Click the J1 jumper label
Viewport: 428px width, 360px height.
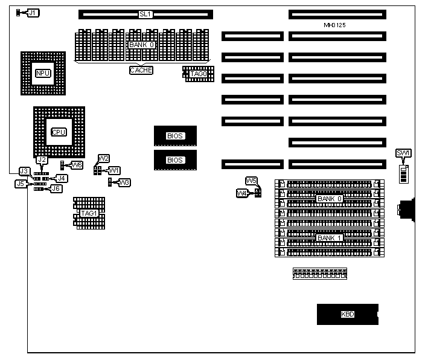33,13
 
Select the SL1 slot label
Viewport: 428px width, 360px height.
145,14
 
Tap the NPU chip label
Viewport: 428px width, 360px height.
43,74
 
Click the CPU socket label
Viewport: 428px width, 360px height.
59,132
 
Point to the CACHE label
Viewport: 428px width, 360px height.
141,70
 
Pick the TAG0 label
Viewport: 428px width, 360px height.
199,74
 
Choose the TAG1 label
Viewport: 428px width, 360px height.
89,213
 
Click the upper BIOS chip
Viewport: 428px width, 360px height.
175,136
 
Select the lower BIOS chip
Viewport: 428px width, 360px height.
175,160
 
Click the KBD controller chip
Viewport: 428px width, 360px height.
348,314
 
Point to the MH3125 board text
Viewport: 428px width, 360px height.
335,25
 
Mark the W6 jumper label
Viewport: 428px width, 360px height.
77,165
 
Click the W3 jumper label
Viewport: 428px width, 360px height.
124,182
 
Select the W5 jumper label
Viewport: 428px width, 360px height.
252,181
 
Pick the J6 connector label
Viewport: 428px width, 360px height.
56,188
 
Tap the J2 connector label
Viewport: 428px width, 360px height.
42,159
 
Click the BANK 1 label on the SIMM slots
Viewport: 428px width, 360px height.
330,237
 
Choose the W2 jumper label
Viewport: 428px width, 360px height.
104,158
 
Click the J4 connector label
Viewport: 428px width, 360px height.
61,178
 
